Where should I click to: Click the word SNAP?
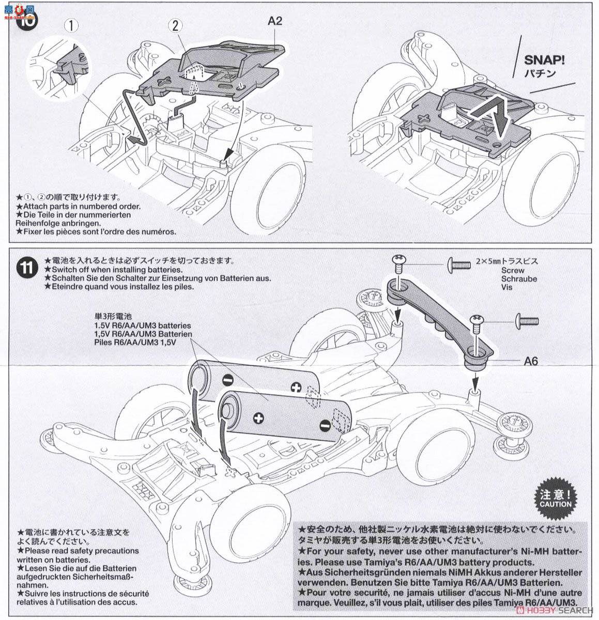pyautogui.click(x=545, y=60)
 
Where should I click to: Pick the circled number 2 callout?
pyautogui.click(x=177, y=24)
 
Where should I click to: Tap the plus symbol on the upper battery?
pyautogui.click(x=296, y=386)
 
